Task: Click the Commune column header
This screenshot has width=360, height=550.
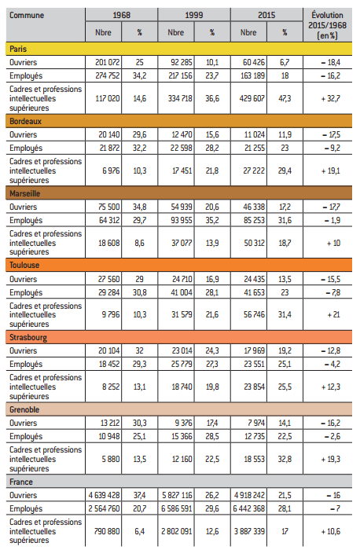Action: tap(27, 15)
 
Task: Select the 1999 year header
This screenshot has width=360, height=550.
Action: tap(194, 15)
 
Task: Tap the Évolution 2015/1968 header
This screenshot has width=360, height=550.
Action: tap(327, 25)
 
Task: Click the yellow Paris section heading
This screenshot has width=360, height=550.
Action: tap(18, 49)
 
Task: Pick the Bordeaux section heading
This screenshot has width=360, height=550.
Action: tap(26, 121)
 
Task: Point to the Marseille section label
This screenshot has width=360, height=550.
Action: tap(25, 193)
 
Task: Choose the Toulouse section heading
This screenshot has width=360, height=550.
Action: tap(24, 266)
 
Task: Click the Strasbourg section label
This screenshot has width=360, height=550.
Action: tap(28, 337)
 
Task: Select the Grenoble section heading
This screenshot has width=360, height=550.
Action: tap(24, 409)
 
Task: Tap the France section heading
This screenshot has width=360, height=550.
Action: tap(21, 482)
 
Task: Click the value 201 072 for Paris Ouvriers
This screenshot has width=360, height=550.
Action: tap(108, 62)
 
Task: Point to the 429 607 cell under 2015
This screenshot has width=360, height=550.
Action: tap(252, 98)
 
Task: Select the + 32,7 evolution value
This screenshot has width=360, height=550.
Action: tap(331, 98)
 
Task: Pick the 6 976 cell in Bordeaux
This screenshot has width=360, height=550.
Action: tap(112, 170)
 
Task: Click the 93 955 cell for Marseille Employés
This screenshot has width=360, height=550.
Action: tap(182, 220)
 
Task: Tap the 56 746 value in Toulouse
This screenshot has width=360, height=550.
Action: tap(255, 314)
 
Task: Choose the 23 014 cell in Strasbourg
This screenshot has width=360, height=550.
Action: tap(182, 350)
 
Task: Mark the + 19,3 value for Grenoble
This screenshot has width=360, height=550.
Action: tap(331, 459)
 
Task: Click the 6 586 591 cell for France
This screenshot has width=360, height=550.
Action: tap(177, 508)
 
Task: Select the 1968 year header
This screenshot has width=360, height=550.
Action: tap(121, 15)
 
